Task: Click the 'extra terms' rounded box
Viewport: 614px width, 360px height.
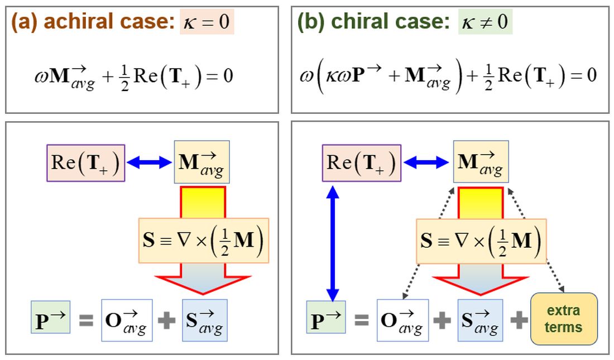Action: (x=563, y=319)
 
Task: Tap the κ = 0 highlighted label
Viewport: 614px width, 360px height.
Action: (x=207, y=23)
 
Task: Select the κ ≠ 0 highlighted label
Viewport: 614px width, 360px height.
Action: (x=485, y=23)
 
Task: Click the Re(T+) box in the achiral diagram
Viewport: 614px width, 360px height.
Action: (x=86, y=163)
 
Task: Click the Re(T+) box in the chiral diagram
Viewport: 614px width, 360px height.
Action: (x=362, y=163)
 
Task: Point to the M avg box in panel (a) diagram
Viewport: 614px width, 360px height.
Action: (x=202, y=163)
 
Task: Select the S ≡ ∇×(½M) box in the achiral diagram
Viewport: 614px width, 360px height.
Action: (x=203, y=241)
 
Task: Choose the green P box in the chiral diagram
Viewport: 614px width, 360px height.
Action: (x=326, y=320)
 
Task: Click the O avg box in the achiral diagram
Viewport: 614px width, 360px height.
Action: (x=127, y=320)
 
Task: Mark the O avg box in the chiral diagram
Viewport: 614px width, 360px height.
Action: (x=402, y=320)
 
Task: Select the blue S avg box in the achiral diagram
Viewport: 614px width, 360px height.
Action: (x=204, y=320)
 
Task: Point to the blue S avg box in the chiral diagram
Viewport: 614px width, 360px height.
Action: (x=480, y=320)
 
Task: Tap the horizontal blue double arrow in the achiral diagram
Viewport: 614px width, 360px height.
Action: (x=150, y=162)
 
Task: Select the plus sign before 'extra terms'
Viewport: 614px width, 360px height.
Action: (x=519, y=320)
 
